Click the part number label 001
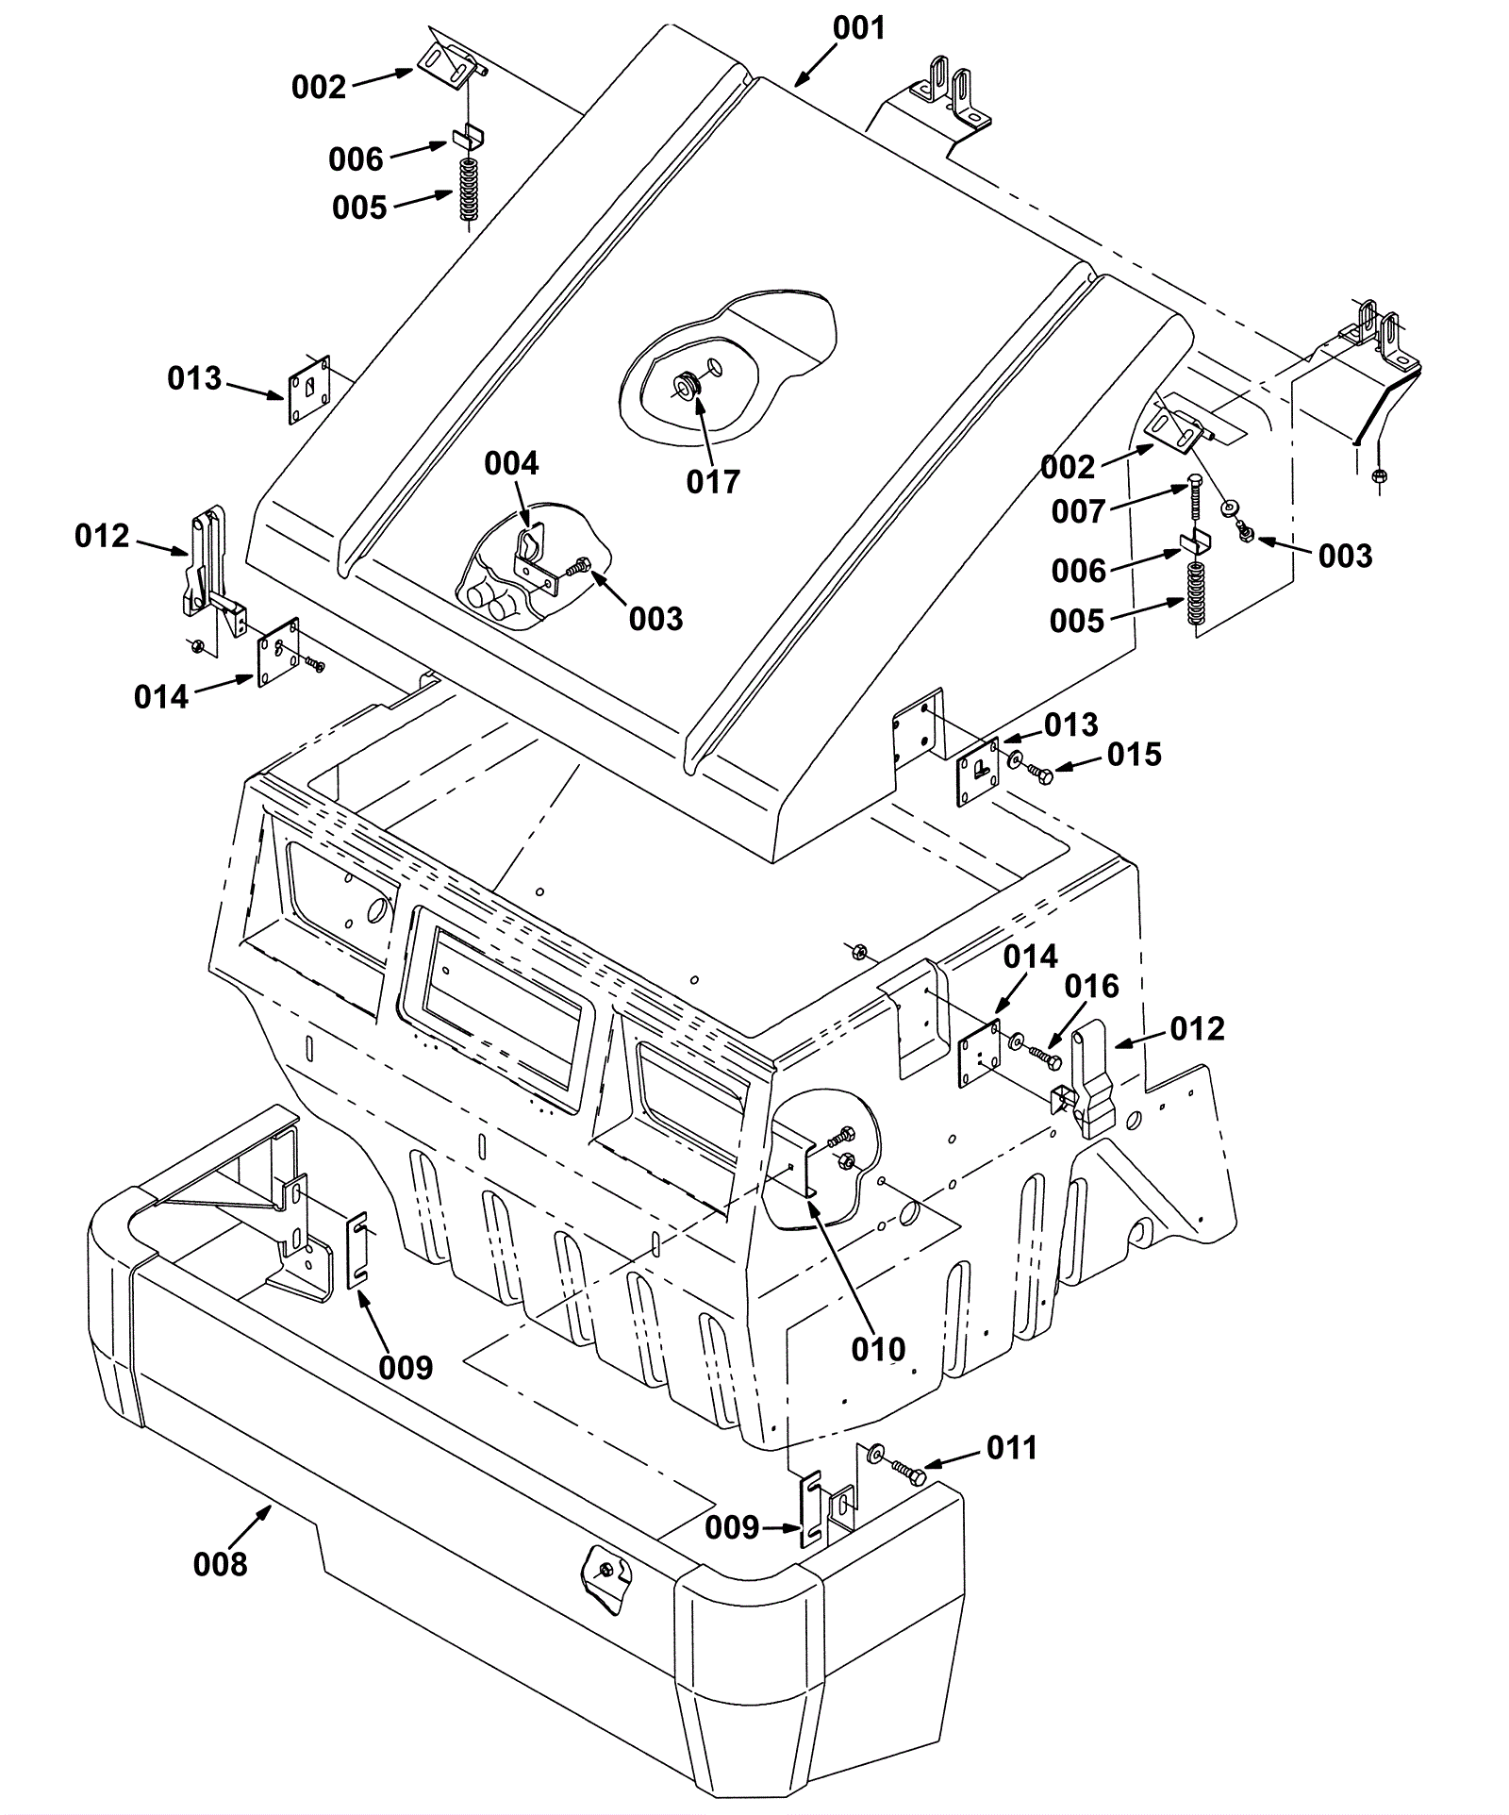click(x=859, y=28)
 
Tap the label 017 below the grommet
click(x=713, y=481)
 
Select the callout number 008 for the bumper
click(x=220, y=1564)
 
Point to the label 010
click(x=878, y=1349)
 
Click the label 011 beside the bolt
click(x=1012, y=1447)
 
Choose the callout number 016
click(x=1091, y=987)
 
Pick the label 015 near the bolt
click(x=1135, y=755)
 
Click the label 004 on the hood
click(x=511, y=463)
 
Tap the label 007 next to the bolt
click(x=1079, y=511)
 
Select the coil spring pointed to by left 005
click(x=469, y=190)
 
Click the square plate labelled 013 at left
click(x=308, y=391)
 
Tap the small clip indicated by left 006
click(x=469, y=136)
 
